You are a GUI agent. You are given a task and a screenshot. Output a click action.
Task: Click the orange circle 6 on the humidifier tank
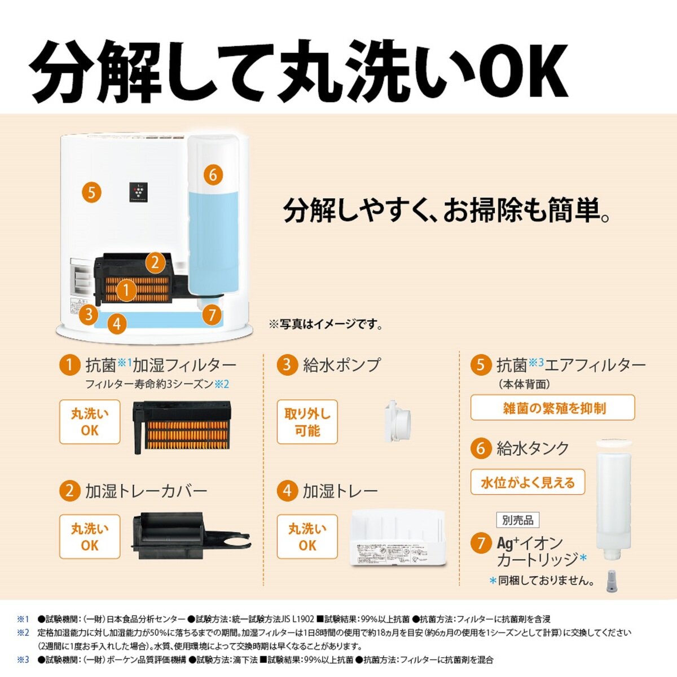212,174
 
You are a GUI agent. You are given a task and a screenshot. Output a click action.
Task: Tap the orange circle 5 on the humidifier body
91,192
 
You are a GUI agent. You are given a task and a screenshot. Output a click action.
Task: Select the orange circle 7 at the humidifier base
212,314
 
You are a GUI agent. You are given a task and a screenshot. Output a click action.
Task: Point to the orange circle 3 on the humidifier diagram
88,314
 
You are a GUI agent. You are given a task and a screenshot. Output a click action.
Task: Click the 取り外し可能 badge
307,422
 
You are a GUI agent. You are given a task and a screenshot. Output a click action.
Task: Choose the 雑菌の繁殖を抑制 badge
552,407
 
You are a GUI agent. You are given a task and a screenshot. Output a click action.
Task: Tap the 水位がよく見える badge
527,482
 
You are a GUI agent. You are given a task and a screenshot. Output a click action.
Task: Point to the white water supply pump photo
397,421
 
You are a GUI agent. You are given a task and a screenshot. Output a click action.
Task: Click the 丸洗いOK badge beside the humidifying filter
90,422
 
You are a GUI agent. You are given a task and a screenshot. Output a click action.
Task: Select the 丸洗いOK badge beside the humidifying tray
307,537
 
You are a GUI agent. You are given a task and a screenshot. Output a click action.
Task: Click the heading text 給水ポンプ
341,365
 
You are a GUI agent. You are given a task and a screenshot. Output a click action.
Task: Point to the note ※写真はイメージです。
326,324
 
